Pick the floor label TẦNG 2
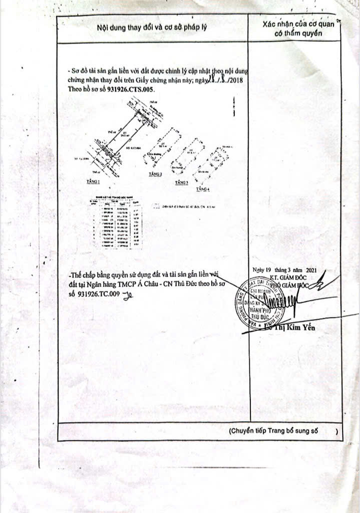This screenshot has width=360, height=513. (156, 174)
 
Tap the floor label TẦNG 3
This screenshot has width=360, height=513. (182, 183)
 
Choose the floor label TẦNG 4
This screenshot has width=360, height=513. (203, 189)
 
